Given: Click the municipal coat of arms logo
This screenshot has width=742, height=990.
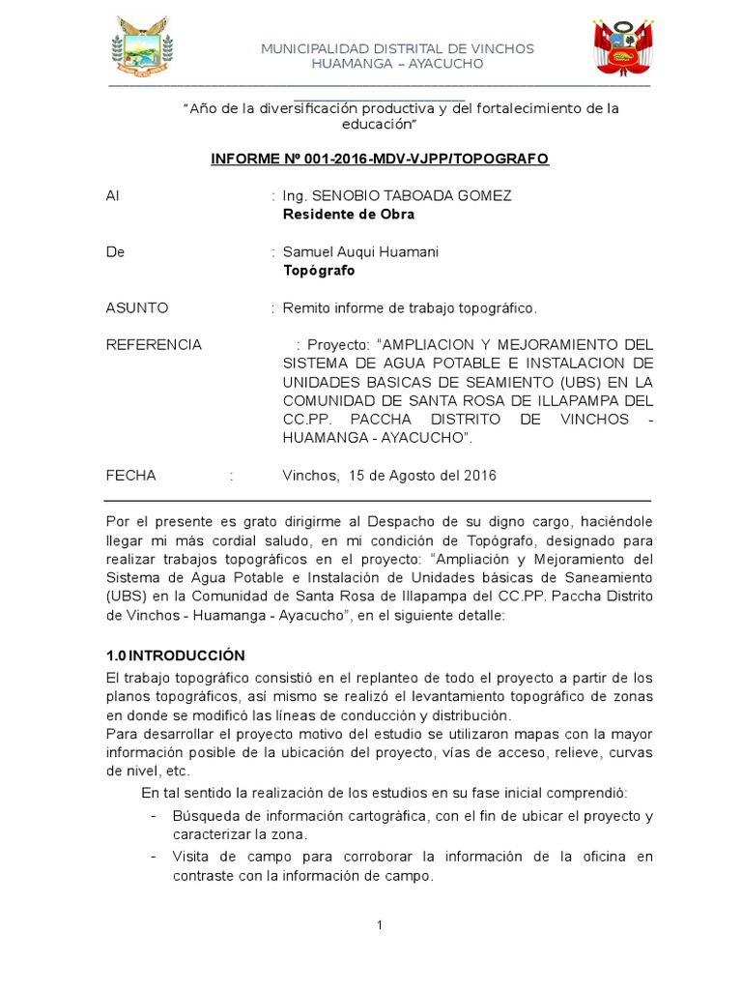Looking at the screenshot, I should pos(143,48).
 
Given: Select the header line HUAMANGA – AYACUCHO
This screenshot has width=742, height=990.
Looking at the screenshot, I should pos(397,64).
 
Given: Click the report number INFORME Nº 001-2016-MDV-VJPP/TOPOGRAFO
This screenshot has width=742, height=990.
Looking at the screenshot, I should pos(380,158).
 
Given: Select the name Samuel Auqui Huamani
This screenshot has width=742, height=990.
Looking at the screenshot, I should pos(359,251).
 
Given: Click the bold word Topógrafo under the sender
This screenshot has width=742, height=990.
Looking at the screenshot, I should pos(318,270).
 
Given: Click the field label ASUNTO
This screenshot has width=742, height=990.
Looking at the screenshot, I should pos(136,307).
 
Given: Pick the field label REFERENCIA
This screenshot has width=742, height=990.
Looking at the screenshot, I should pos(154,344).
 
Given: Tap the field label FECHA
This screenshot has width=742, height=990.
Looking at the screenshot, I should pos(130,476).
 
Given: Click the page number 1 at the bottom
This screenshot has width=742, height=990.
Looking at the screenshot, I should pos(381,925).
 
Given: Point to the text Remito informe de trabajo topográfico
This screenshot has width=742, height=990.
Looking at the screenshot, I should pos(409,307).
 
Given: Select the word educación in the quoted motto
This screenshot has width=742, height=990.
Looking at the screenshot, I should pos(378,125).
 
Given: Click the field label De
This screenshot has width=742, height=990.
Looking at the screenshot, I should pos(115,251).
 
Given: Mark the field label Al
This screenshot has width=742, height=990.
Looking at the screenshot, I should pos(113,195).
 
